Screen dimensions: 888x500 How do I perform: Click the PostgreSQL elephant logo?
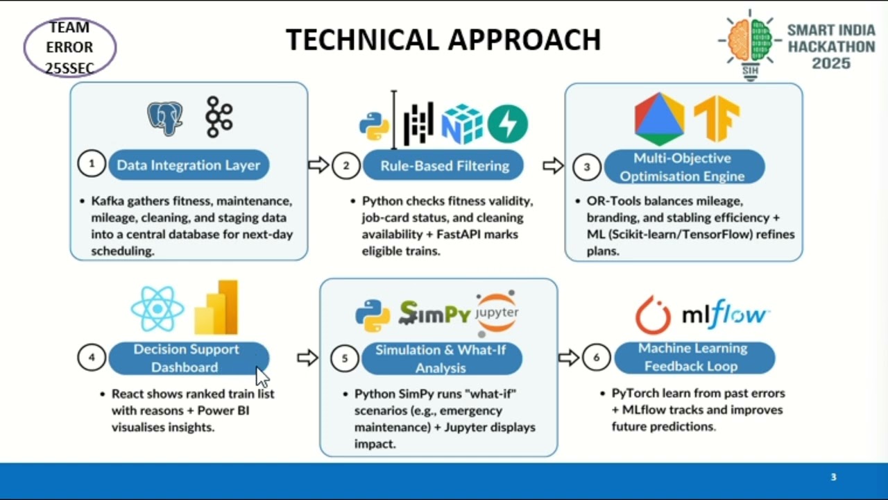point(165,118)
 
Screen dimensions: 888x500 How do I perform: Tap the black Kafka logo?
point(219,117)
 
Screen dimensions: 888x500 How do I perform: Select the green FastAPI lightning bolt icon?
point(508,124)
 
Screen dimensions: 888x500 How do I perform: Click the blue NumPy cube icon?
point(462,124)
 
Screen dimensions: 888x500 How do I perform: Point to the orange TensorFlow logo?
point(717,118)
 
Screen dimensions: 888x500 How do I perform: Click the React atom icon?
point(157,308)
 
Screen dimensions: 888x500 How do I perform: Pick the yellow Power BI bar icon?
point(216,307)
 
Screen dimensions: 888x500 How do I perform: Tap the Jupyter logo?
point(497,313)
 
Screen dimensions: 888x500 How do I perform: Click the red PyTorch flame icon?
point(653,315)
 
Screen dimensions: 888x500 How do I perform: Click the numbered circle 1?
point(92,163)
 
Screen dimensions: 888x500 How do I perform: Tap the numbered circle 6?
point(596,358)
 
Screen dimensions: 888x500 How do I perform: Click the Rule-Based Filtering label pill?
point(443,165)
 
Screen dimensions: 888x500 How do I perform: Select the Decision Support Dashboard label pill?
point(189,358)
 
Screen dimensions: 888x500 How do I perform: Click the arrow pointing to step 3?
point(553,165)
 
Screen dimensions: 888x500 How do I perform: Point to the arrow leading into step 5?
point(307,358)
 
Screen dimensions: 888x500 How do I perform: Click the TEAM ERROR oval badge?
point(70,47)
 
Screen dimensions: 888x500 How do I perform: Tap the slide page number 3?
point(833,476)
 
